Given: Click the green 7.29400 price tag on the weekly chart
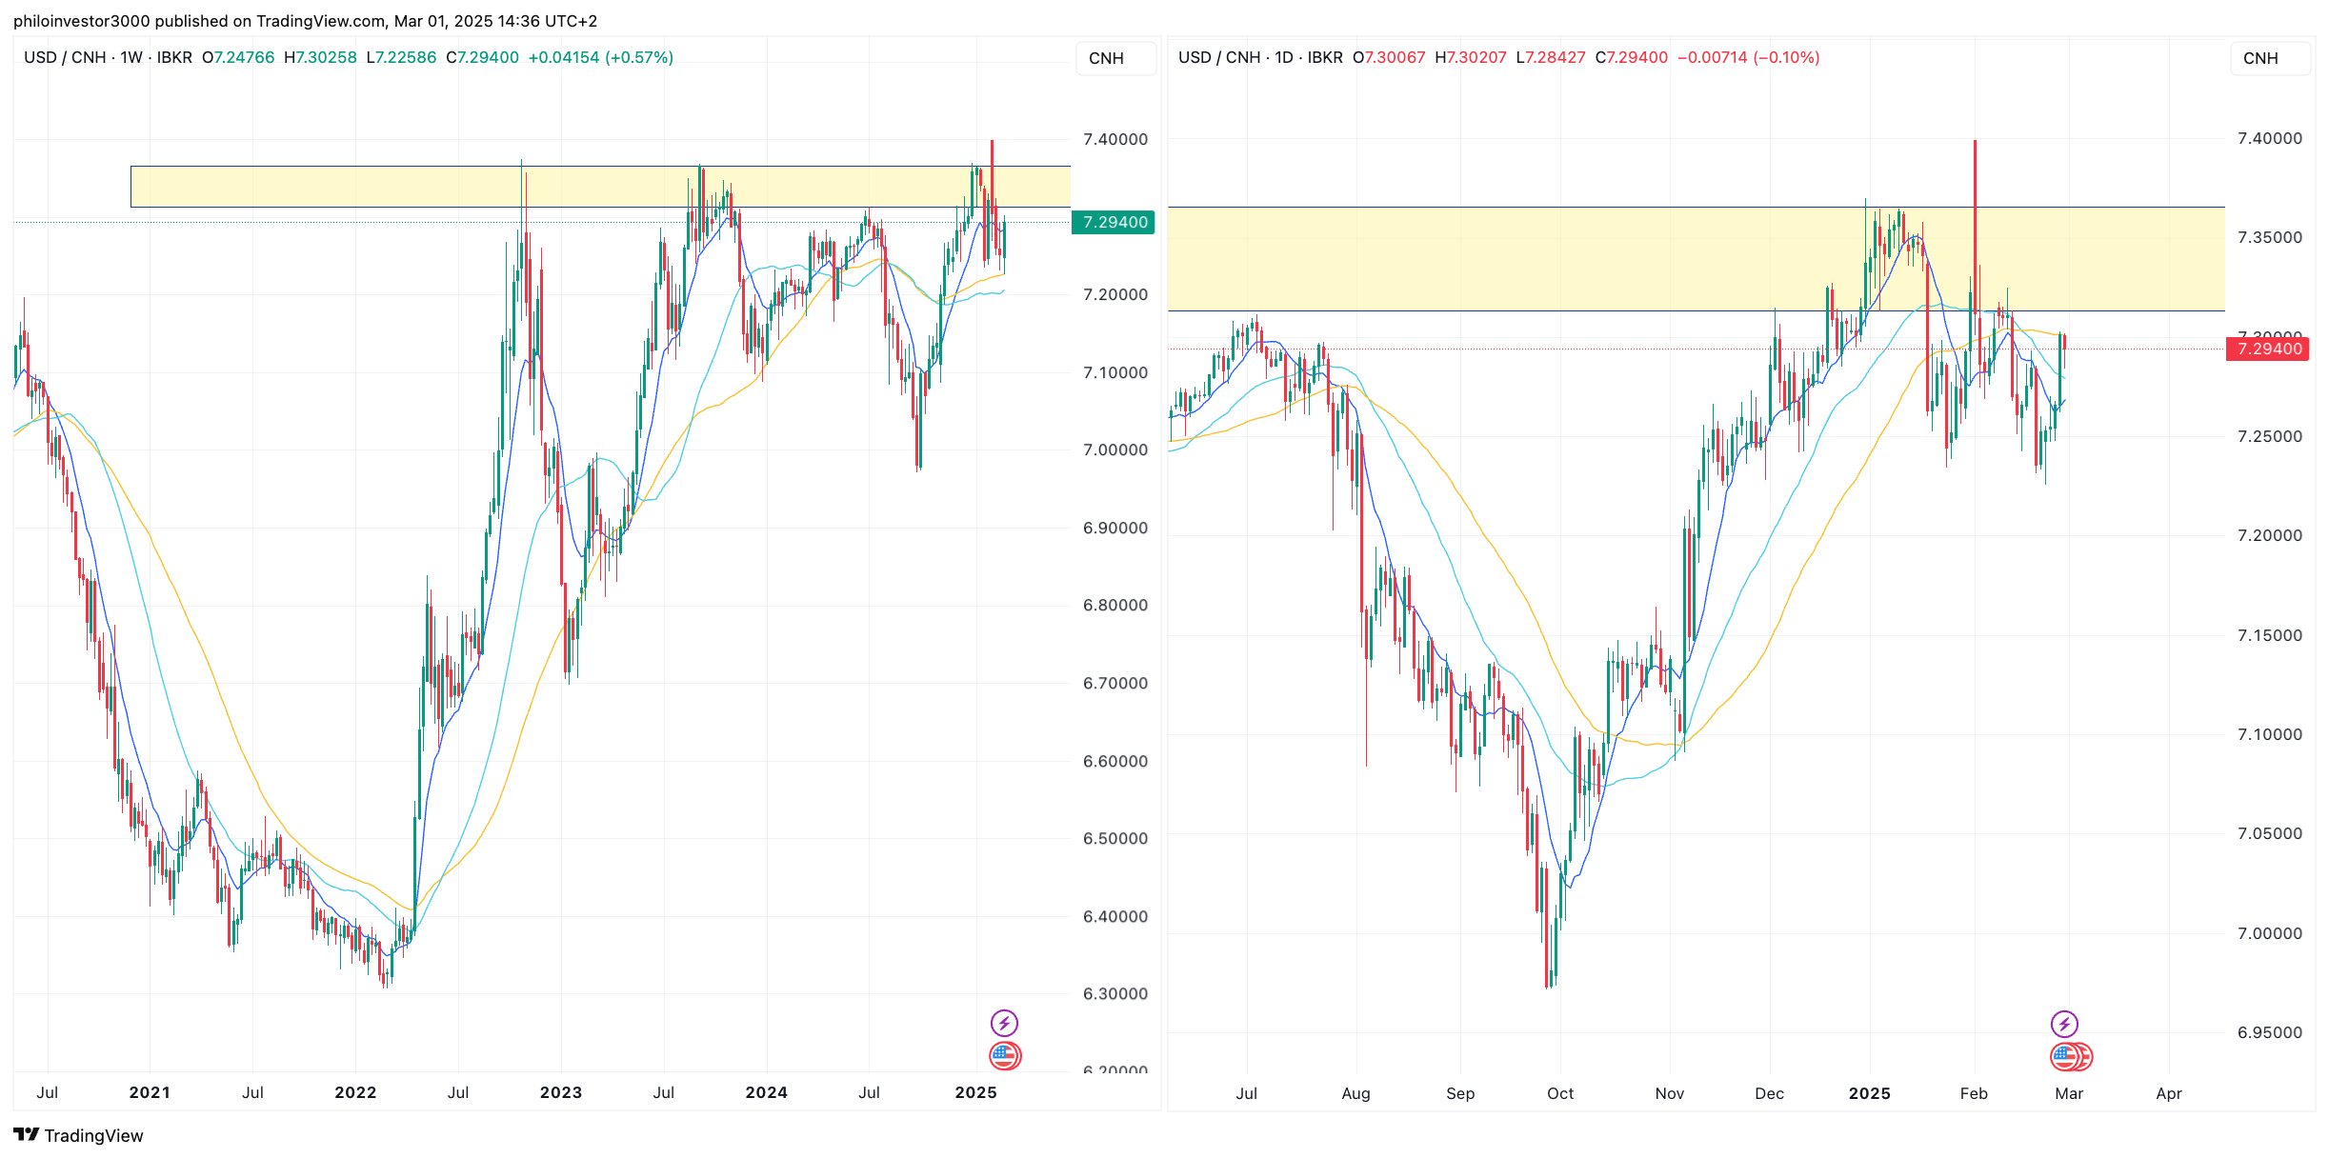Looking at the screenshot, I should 1114,223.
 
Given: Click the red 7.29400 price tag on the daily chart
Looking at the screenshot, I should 2268,349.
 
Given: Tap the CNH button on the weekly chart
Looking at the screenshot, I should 1106,58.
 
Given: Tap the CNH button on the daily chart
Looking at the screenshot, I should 2259,58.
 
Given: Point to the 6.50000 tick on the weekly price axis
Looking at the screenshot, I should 1114,839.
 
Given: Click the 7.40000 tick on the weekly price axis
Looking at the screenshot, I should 1114,139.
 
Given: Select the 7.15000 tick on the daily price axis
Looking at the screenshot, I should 2269,635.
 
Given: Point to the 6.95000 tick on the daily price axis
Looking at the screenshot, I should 2269,1032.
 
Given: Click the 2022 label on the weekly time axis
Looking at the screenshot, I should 355,1093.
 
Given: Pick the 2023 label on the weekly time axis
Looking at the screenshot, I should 561,1093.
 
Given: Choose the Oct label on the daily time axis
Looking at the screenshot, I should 1560,1093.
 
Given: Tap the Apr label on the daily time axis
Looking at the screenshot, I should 2169,1093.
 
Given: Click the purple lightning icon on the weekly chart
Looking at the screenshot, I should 1004,1024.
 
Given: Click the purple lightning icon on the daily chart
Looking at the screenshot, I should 2064,1024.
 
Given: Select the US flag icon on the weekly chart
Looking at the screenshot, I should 1004,1055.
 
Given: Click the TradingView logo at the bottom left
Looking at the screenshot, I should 78,1135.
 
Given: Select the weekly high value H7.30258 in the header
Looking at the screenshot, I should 321,58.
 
